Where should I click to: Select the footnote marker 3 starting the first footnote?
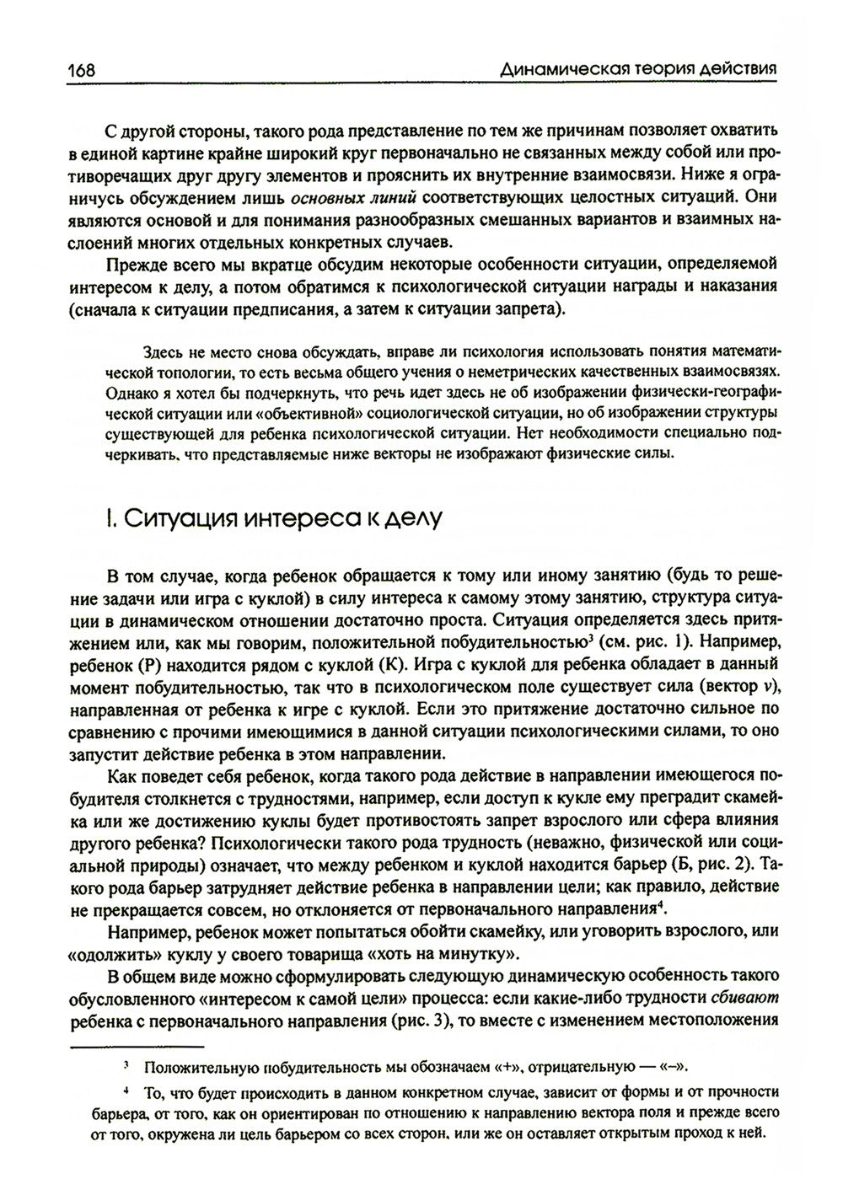126,1066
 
